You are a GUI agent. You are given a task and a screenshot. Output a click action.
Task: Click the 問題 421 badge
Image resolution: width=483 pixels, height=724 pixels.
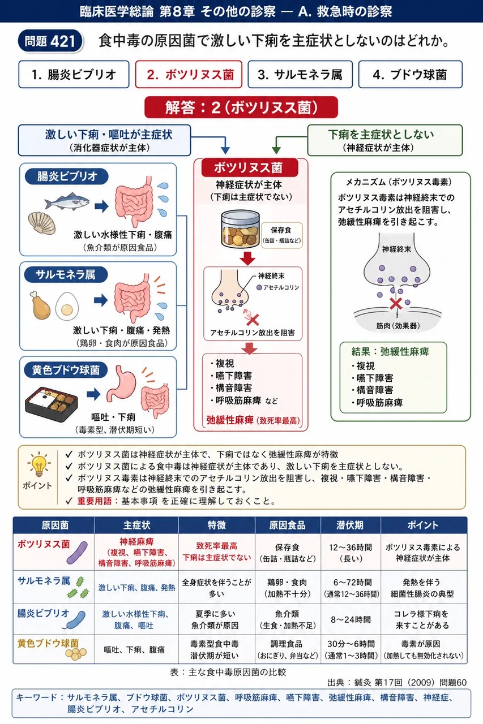click(50, 41)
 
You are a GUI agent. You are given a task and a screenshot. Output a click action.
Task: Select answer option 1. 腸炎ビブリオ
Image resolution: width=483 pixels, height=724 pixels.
click(74, 74)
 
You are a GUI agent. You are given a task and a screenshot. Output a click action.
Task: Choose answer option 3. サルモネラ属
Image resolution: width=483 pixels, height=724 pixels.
click(300, 74)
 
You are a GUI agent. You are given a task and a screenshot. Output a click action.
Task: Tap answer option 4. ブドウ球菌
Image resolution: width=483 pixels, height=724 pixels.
click(410, 74)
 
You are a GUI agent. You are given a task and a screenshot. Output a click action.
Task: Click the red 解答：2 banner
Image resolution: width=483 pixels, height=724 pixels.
click(241, 107)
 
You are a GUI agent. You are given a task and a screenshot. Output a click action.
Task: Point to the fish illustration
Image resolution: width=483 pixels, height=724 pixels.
click(67, 201)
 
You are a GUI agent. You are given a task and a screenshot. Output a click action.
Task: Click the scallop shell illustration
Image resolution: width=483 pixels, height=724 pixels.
click(42, 223)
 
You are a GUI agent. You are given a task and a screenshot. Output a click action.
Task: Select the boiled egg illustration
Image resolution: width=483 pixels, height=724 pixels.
click(67, 306)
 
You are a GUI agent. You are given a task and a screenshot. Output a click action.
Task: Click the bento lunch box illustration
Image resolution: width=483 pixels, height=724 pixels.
click(52, 404)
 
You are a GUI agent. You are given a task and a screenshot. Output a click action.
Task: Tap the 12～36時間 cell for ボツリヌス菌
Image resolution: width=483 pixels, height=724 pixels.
click(351, 553)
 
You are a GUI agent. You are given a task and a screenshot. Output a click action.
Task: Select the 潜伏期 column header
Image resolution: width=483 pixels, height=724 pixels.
click(351, 525)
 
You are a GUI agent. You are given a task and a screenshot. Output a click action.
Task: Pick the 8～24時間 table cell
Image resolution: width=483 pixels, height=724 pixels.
click(351, 619)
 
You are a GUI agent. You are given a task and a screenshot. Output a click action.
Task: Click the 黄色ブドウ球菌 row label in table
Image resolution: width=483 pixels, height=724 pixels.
click(48, 643)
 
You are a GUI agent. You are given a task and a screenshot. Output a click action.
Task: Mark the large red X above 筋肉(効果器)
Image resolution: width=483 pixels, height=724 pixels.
click(396, 303)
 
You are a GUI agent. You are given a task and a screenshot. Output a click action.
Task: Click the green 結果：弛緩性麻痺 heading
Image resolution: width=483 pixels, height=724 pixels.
click(390, 352)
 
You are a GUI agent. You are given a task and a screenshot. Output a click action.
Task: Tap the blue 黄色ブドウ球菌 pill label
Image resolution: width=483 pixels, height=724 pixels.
click(66, 370)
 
